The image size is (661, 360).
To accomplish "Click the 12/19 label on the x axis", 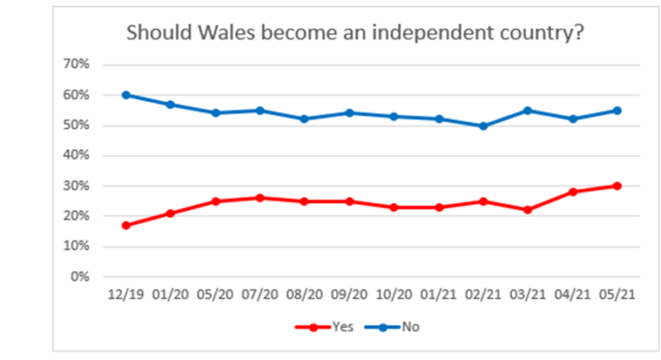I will pyautogui.click(x=126, y=295).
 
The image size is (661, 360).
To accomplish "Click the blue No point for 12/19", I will pyautogui.click(x=126, y=95).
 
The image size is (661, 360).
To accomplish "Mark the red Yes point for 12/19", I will pyautogui.click(x=126, y=226).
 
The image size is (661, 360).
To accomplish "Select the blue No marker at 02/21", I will pyautogui.click(x=483, y=126).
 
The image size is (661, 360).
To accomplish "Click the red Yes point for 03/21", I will pyautogui.click(x=528, y=210).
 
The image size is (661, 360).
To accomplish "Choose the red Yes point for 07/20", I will pyautogui.click(x=260, y=198).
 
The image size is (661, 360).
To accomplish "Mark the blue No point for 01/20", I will pyautogui.click(x=170, y=104).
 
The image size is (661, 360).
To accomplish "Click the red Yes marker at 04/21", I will pyautogui.click(x=572, y=192).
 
